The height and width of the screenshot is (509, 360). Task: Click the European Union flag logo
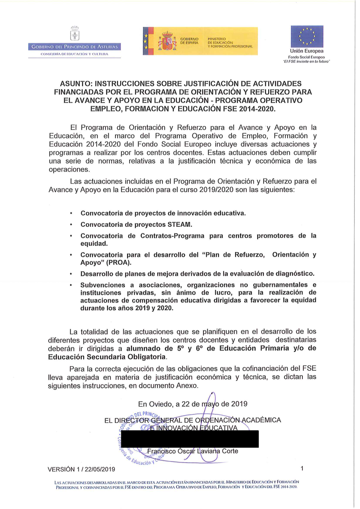307,36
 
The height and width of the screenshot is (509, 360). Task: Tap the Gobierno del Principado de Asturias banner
75,46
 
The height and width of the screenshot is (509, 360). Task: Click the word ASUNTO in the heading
75,84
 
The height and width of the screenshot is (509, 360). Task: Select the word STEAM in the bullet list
179,225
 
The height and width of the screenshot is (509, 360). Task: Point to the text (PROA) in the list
118,262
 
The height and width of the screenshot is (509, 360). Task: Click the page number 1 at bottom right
302,468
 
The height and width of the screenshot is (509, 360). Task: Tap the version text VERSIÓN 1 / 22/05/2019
81,469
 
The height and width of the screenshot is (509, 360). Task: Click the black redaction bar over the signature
190,439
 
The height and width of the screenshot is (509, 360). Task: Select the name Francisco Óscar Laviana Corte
193,451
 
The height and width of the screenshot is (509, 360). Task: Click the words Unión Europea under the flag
307,51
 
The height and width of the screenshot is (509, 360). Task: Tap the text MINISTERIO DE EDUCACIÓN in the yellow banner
220,41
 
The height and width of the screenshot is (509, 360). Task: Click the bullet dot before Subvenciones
71,285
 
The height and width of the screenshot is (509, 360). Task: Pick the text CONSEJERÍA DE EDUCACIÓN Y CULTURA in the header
75,54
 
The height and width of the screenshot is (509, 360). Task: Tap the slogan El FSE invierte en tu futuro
306,62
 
